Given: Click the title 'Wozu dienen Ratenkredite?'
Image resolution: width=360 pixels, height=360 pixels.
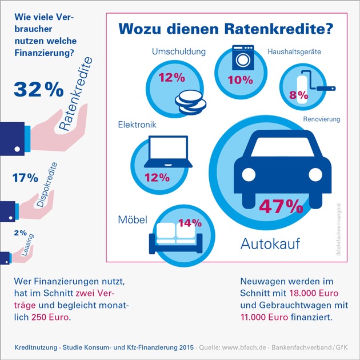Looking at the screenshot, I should [x=225, y=29].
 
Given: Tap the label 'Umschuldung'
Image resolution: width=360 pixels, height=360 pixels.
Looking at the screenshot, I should [x=178, y=52].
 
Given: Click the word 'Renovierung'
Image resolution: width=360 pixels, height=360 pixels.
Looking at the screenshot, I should [x=322, y=119].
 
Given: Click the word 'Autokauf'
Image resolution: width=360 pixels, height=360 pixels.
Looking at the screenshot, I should [x=270, y=245].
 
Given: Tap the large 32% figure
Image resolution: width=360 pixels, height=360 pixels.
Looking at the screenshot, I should [x=38, y=89].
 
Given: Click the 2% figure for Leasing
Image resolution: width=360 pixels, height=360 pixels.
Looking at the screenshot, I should [x=21, y=233].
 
